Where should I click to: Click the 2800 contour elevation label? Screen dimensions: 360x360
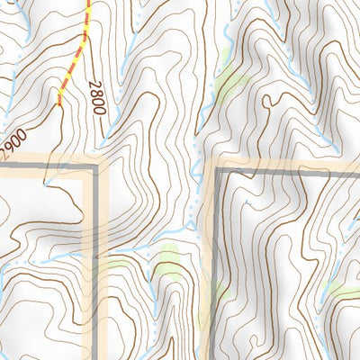(97, 97)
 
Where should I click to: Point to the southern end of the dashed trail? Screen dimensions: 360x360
(59, 104)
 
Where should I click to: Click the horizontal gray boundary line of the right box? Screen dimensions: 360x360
(288, 168)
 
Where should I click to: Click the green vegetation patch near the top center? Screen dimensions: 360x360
(232, 83)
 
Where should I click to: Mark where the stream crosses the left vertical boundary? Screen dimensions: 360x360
(94, 248)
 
